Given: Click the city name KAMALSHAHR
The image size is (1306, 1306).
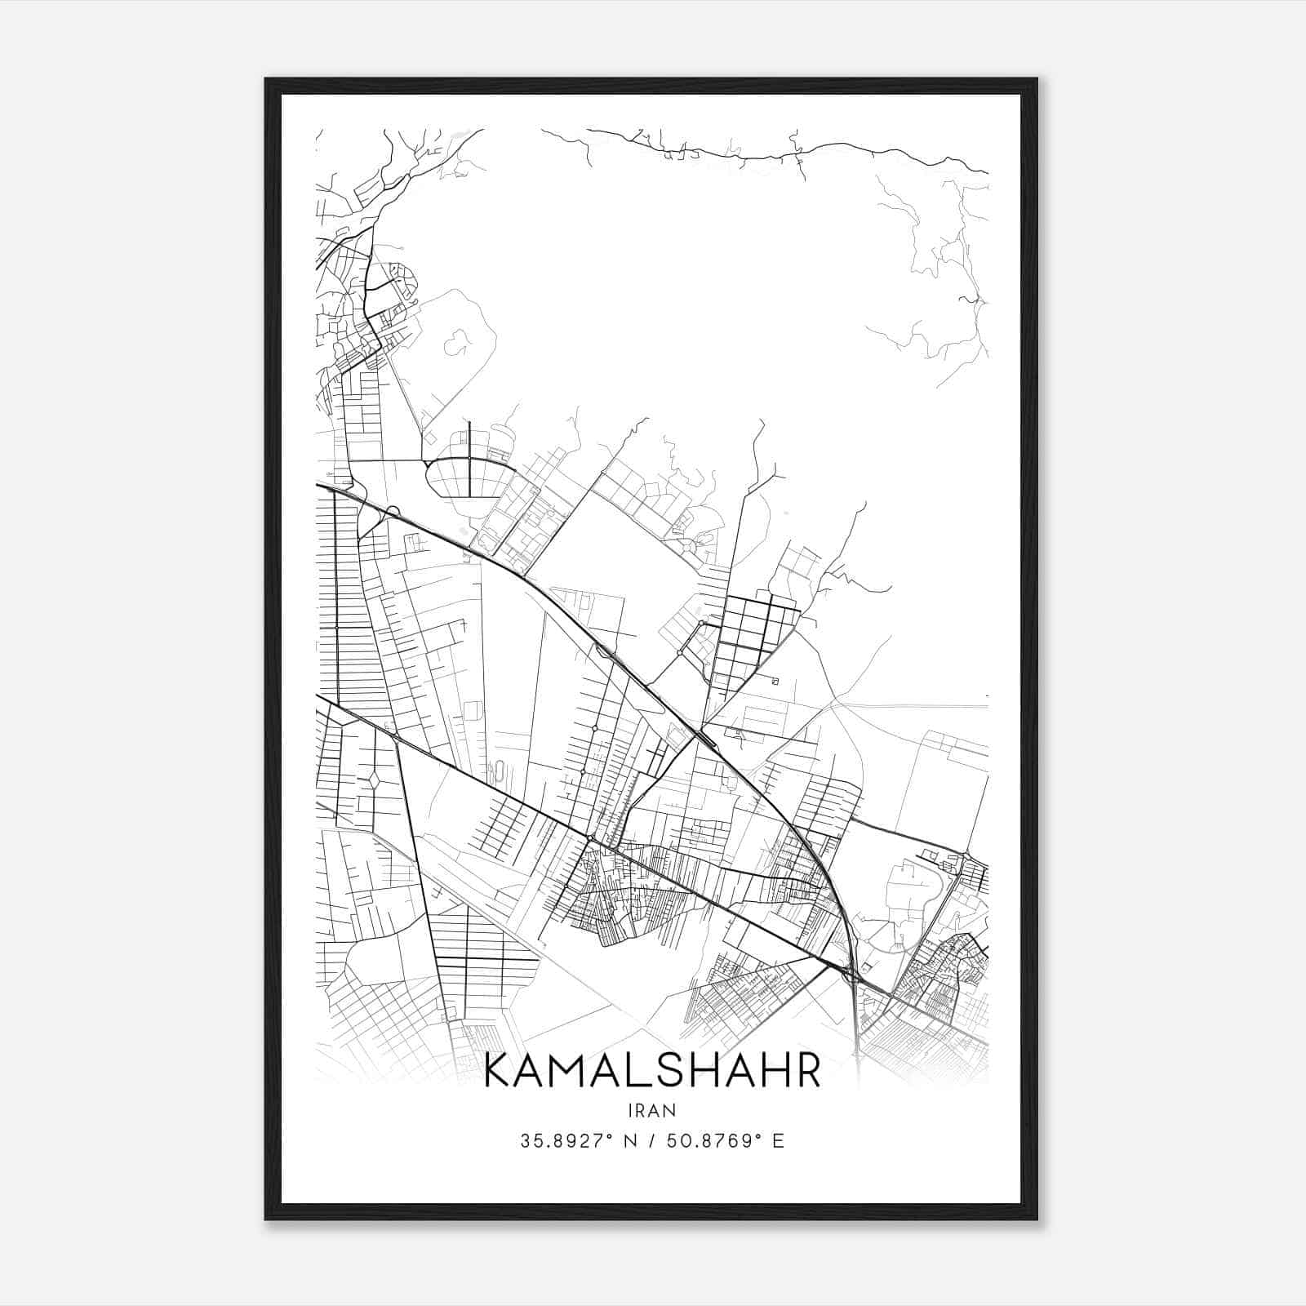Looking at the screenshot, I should (652, 1072).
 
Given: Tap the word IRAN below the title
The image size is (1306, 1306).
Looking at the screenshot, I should (652, 1110).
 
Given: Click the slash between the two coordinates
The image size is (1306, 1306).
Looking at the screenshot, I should (651, 1141).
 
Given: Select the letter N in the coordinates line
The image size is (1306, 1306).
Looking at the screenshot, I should (628, 1141).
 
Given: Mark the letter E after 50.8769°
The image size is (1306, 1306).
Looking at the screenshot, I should (778, 1141).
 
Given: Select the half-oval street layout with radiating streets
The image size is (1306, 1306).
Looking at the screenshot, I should (469, 477).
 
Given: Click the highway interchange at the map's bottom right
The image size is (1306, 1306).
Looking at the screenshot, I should (852, 971).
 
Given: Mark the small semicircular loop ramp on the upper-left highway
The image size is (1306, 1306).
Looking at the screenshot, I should (393, 512).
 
